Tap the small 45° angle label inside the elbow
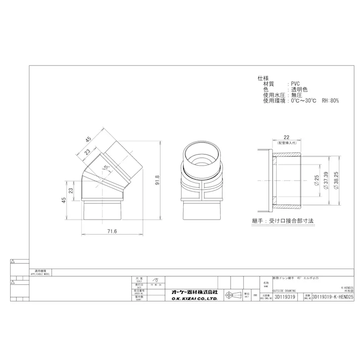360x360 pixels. coord(107,167)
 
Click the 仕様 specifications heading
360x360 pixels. coord(263,78)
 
